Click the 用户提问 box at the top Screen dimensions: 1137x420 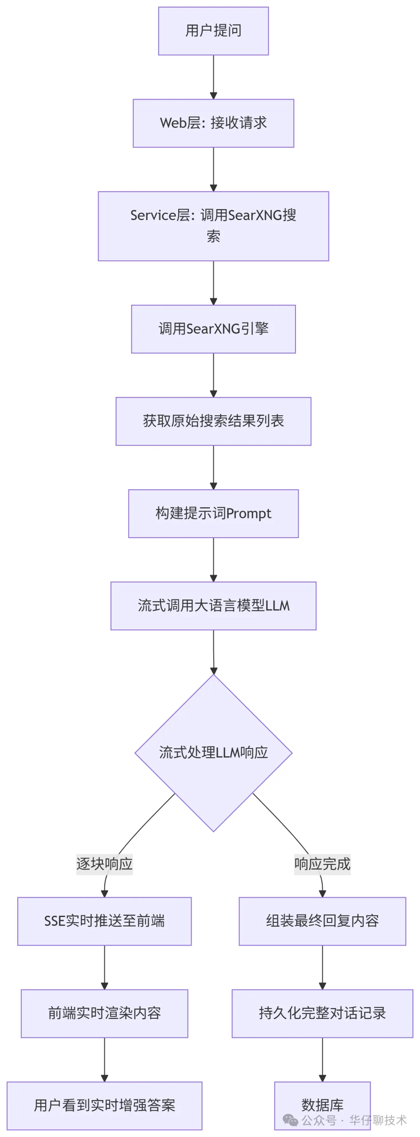213,31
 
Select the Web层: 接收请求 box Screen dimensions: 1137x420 213,123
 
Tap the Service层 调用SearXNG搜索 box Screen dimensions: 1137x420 213,226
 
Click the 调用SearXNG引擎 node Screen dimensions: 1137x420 213,329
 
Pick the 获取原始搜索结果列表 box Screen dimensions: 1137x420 213,421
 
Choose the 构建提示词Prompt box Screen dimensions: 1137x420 213,513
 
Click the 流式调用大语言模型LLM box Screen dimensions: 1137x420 213,606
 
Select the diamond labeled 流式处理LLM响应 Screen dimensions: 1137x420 213,753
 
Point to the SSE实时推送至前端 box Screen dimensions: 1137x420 105,921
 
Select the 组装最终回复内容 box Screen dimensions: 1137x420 322,921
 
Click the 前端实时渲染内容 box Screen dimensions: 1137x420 105,1014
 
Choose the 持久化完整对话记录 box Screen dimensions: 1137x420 322,1014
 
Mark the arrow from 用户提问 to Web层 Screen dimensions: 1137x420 213,77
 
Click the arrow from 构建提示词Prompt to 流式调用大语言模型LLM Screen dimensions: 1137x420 213,559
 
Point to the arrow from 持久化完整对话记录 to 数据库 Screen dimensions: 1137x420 322,1059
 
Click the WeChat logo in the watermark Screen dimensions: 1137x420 290,1120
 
